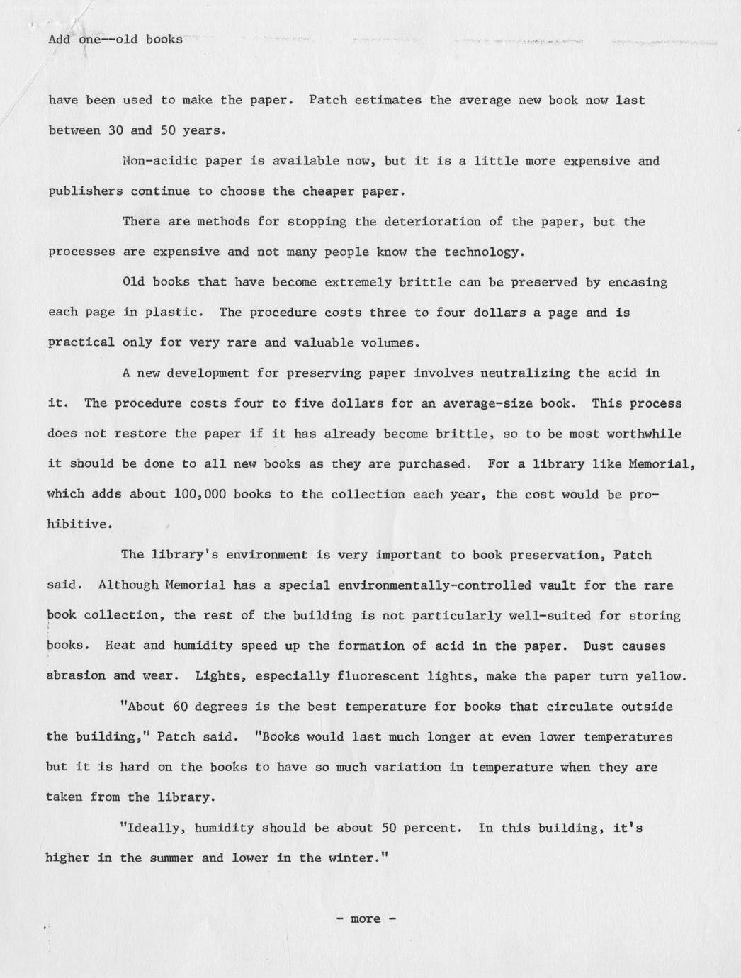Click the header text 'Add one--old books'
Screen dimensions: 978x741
115,40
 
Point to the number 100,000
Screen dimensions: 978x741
199,494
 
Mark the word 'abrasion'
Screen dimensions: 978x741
76,676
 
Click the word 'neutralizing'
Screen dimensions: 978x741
524,373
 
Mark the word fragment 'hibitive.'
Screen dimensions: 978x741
79,524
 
